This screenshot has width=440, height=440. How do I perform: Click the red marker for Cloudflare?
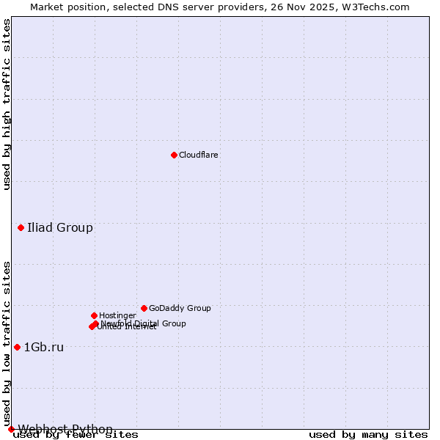pyautogui.click(x=174, y=155)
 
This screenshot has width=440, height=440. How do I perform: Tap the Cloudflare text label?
pyautogui.click(x=199, y=155)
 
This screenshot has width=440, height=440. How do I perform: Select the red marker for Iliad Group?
pyautogui.click(x=21, y=228)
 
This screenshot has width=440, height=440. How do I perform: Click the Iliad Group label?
pyautogui.click(x=60, y=228)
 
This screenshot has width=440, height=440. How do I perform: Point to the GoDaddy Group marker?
pyautogui.click(x=144, y=308)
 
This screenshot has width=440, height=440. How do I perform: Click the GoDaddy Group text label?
pyautogui.click(x=180, y=309)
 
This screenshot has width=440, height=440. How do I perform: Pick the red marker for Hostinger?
pyautogui.click(x=95, y=315)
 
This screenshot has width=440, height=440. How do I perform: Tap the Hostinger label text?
pyautogui.click(x=118, y=316)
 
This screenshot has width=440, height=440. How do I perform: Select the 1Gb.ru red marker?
pyautogui.click(x=17, y=347)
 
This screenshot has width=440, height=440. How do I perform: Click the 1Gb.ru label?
pyautogui.click(x=44, y=348)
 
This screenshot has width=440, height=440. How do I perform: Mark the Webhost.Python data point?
pyautogui.click(x=11, y=429)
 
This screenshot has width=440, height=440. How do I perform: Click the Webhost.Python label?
pyautogui.click(x=65, y=429)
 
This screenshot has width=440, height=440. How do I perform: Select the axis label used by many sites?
pyautogui.click(x=368, y=435)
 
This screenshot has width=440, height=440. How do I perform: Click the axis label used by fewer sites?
pyautogui.click(x=76, y=435)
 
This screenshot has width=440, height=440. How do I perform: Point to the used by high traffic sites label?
pyautogui.click(x=7, y=104)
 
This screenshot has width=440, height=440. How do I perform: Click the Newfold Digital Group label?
pyautogui.click(x=144, y=323)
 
